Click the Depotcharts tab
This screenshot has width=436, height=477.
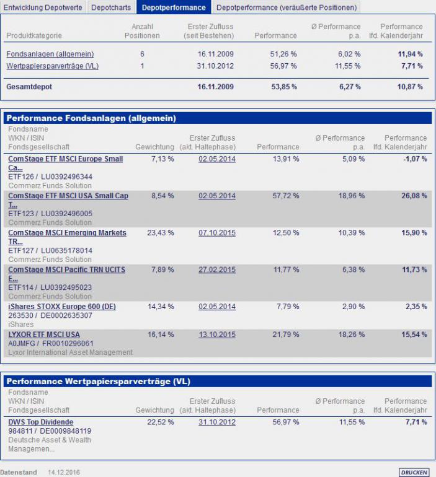111,7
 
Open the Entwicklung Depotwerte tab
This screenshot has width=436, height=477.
43,7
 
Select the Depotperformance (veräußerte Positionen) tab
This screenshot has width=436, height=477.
286,7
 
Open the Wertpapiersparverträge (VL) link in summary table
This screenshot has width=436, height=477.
53,66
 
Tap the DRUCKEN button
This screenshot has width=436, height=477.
414,472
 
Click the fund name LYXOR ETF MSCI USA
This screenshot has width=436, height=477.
44,335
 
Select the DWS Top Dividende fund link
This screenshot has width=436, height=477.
40,422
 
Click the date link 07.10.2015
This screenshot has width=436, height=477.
217,233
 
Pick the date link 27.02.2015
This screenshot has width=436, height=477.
217,270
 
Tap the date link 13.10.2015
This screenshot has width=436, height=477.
217,335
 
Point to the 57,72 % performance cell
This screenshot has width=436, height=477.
287,196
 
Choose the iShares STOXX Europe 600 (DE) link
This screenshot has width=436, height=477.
62,307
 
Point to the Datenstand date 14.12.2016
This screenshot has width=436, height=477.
65,472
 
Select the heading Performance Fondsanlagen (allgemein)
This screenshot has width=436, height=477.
91,118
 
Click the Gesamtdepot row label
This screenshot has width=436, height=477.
29,87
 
